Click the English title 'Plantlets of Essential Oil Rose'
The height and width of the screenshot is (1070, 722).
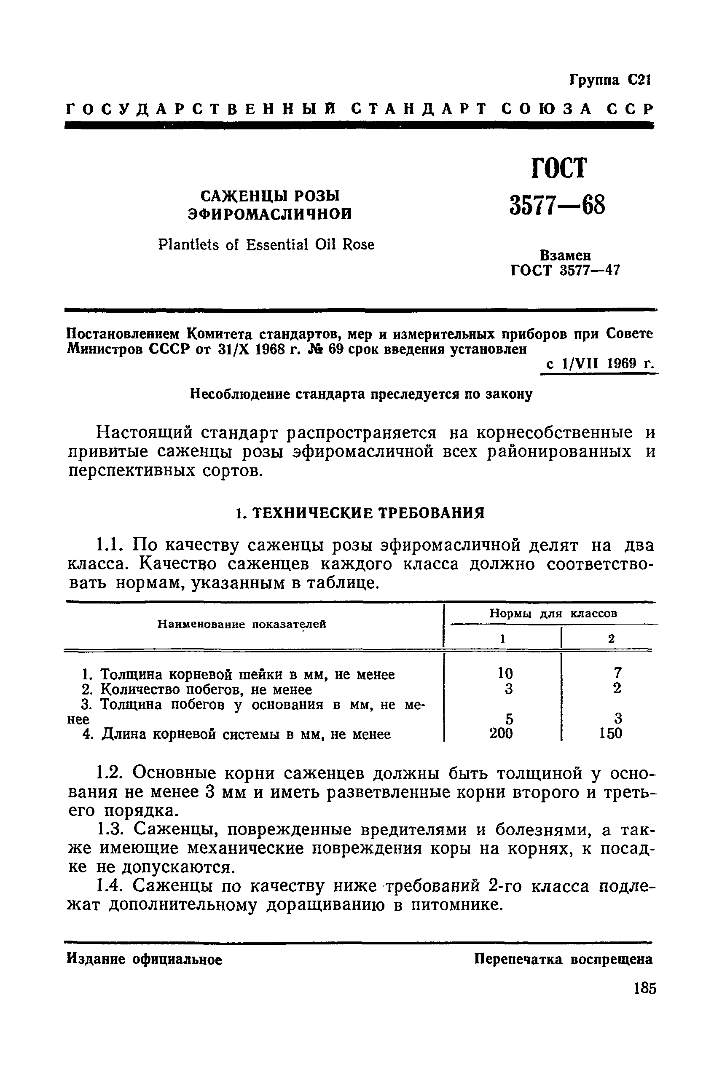coord(266,244)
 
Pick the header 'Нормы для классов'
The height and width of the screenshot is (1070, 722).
coord(553,614)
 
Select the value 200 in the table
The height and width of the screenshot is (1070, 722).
coord(501,733)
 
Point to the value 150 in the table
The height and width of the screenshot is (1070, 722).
coord(611,733)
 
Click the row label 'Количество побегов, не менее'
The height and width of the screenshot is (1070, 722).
coord(206,690)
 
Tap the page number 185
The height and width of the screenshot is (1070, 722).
coord(644,1002)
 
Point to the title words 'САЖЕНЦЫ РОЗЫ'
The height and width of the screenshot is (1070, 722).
coord(269,196)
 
